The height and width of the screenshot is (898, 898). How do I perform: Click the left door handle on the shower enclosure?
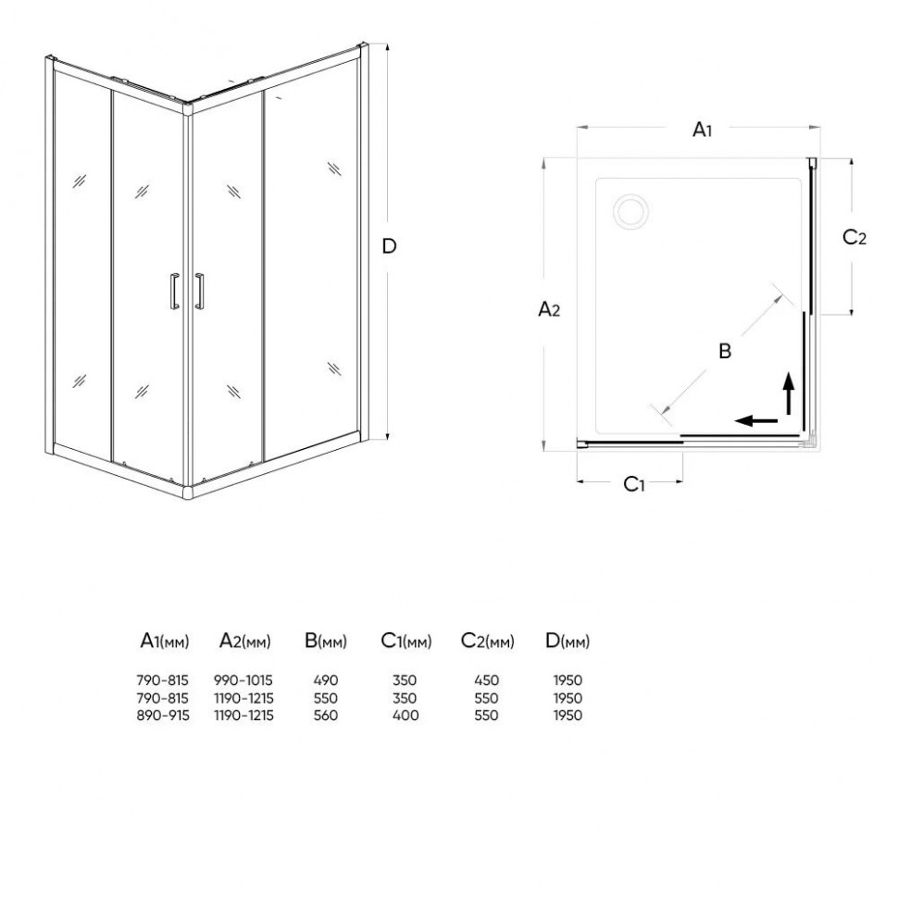(x=175, y=291)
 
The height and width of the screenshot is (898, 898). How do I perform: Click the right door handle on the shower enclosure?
(x=199, y=291)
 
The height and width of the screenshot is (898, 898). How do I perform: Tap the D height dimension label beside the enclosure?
(x=389, y=246)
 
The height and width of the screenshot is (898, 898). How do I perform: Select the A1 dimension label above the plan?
(x=702, y=130)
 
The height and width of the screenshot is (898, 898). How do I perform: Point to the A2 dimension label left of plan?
(x=549, y=309)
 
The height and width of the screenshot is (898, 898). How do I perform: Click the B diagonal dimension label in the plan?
(x=725, y=351)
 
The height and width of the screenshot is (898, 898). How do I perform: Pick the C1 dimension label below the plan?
(x=634, y=484)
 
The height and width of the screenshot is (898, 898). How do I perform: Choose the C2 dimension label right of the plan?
(x=854, y=237)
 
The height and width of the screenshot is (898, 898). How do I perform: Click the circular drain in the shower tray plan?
(x=630, y=212)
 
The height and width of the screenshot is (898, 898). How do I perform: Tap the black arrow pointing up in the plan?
(x=789, y=393)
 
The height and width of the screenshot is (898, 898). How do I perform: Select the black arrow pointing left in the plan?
(x=756, y=421)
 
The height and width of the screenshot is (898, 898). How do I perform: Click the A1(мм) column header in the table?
(x=165, y=641)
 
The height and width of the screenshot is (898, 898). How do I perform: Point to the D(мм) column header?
(x=567, y=641)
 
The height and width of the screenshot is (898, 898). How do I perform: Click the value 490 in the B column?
(x=325, y=680)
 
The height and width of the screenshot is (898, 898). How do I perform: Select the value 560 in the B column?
(x=325, y=716)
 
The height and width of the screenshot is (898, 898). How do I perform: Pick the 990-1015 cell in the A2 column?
(x=243, y=680)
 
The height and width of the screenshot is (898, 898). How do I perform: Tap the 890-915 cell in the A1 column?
(x=163, y=716)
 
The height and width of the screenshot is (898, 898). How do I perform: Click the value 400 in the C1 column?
(x=405, y=716)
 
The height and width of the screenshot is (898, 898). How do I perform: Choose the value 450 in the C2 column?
(x=486, y=680)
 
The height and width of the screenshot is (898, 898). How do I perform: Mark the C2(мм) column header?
(x=487, y=641)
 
